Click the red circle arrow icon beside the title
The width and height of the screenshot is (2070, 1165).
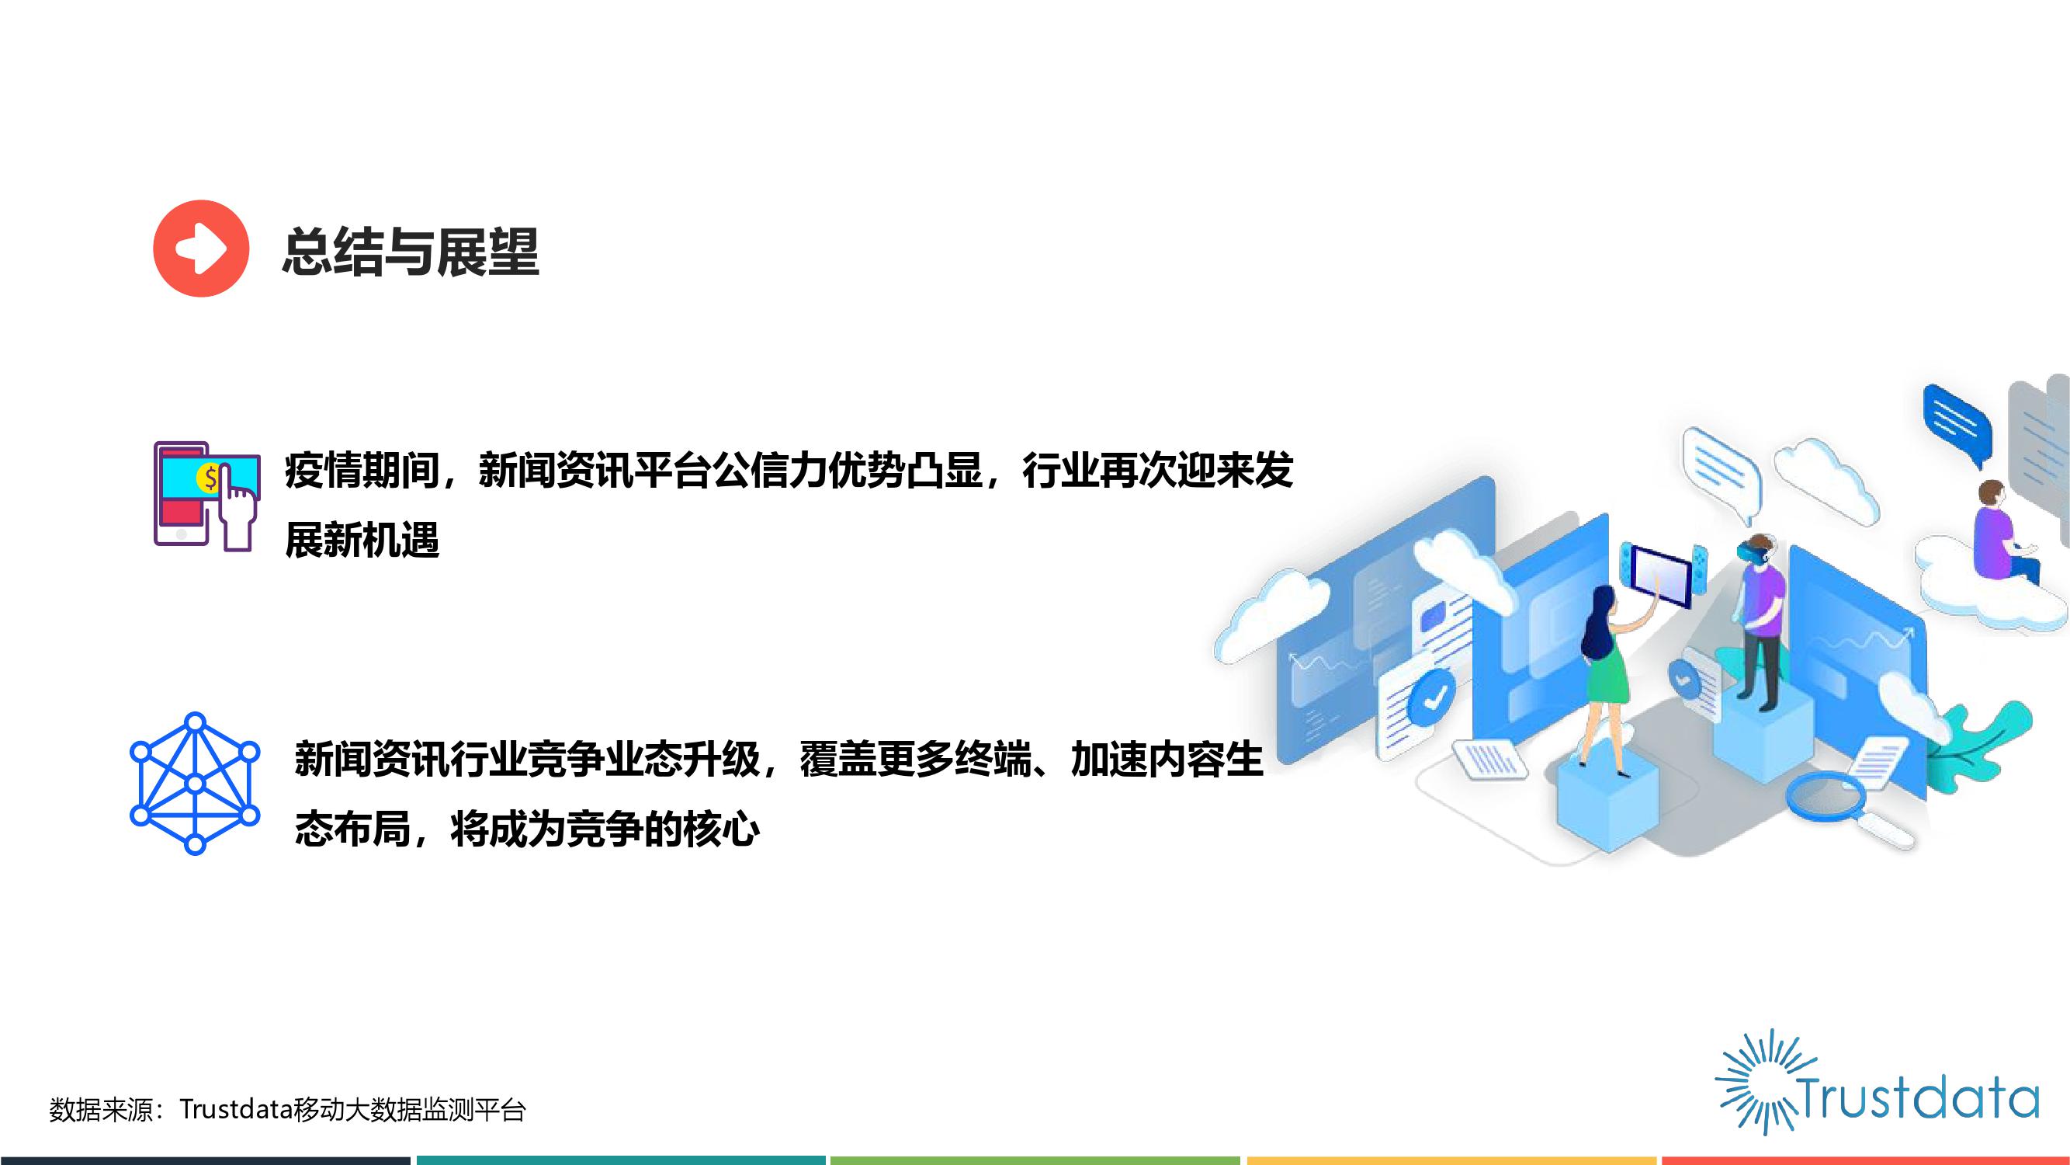pyautogui.click(x=201, y=249)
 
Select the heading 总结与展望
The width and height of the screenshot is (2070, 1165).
pyautogui.click(x=411, y=252)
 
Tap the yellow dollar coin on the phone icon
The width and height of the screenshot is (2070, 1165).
pyautogui.click(x=210, y=479)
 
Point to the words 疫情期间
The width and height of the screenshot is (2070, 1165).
pyautogui.click(x=362, y=471)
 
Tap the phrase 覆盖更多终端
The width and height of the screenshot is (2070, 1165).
pyautogui.click(x=915, y=759)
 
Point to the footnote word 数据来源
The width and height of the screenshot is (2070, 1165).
pyautogui.click(x=100, y=1110)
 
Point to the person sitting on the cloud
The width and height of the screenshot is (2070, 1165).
pyautogui.click(x=2001, y=530)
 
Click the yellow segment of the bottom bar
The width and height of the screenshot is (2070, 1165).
pyautogui.click(x=1451, y=1160)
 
